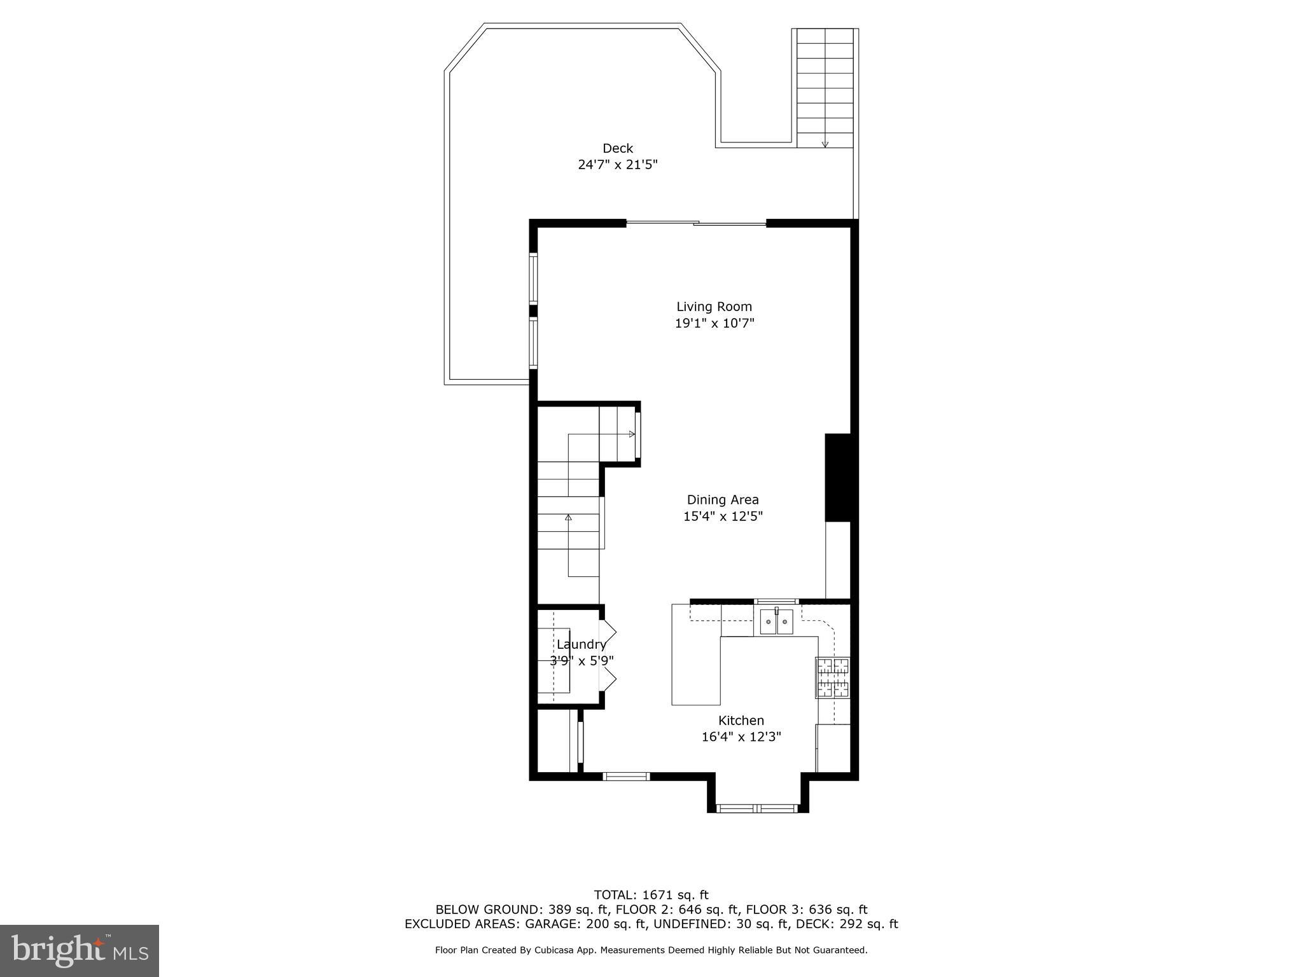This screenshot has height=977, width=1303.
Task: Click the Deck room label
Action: [617, 148]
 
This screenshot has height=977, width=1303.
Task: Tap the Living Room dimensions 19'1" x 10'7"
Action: [714, 323]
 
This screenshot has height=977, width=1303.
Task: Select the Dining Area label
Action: [722, 500]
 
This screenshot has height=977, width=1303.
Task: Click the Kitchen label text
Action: [741, 721]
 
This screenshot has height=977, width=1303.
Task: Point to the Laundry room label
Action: [580, 644]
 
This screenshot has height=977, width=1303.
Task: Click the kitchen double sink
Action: [776, 621]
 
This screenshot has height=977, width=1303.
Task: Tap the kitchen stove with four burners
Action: [833, 677]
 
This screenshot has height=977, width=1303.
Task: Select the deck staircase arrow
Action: [825, 142]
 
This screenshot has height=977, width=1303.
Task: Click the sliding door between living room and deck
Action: [696, 223]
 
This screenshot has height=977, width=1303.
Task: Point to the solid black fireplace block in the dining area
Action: [837, 477]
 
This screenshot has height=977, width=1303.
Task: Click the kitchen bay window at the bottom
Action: [756, 808]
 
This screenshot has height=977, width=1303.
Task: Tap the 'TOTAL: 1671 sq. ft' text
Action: [651, 895]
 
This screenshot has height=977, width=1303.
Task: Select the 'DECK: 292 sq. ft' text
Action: [855, 924]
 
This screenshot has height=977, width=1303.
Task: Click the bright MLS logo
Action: [79, 950]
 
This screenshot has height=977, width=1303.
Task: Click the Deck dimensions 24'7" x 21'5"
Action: [617, 165]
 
